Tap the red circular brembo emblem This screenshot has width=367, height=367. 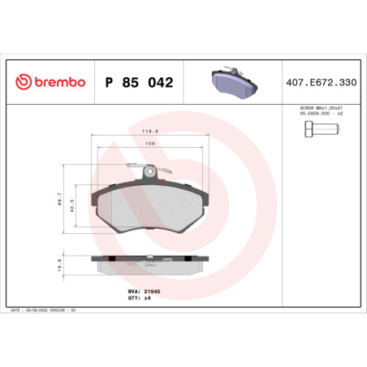22,82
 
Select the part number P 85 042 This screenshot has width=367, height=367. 139,82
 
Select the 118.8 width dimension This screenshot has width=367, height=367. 149,130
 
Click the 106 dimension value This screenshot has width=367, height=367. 149,144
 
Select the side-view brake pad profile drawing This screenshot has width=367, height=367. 149,263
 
